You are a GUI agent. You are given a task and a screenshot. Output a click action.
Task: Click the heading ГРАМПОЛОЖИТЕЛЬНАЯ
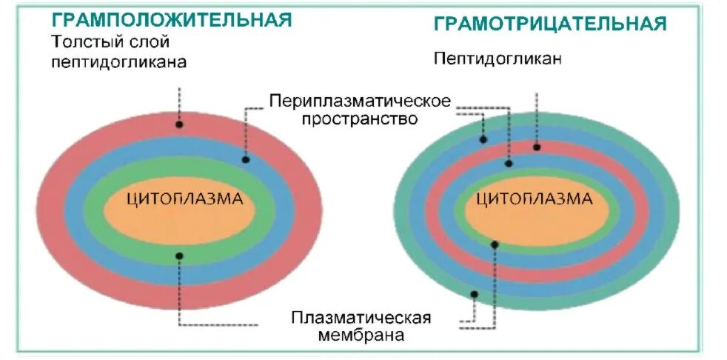tap(171, 20)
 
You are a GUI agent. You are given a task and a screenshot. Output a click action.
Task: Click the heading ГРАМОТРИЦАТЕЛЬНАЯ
tap(549, 24)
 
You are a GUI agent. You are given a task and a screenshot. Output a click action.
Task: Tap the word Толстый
tap(83, 42)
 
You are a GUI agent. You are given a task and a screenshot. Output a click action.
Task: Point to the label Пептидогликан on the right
tap(497, 58)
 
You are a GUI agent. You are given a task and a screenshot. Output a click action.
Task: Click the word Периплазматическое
tap(359, 100)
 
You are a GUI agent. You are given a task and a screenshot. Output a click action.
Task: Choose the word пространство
tap(359, 119)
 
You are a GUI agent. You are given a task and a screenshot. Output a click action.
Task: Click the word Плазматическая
tap(361, 318)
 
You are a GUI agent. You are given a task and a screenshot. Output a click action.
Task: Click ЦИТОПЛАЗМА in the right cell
tap(534, 199)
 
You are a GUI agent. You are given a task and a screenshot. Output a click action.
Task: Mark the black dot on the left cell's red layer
tap(178, 124)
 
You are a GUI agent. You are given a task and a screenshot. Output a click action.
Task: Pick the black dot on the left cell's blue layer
tap(246, 159)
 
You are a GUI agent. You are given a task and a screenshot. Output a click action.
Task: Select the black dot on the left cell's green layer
tap(178, 256)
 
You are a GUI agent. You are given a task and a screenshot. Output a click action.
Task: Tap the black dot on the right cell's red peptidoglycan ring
tap(537, 147)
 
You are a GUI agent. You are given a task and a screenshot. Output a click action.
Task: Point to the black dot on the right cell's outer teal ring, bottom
tap(475, 294)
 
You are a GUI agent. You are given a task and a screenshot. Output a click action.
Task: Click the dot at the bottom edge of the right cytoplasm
tap(495, 244)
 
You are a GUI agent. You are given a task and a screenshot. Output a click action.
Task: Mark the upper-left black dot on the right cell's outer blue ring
tap(483, 139)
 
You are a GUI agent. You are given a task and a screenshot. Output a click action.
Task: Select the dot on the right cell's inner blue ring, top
tap(509, 162)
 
